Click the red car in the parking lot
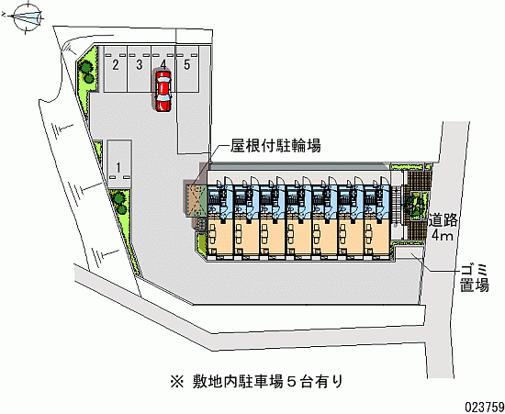(163, 92)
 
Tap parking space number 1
(118, 163)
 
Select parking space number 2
(116, 69)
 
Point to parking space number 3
(140, 69)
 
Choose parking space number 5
(187, 69)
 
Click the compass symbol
(27, 17)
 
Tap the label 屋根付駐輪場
(275, 146)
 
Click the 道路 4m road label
(443, 228)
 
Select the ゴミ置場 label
(475, 278)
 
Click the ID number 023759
(484, 407)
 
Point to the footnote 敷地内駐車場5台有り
(267, 382)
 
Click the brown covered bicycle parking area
(196, 200)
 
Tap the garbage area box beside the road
(410, 252)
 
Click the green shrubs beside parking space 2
(87, 73)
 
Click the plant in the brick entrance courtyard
(417, 205)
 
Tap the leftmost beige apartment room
(220, 237)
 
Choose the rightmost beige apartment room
(377, 237)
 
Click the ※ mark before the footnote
(177, 382)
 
